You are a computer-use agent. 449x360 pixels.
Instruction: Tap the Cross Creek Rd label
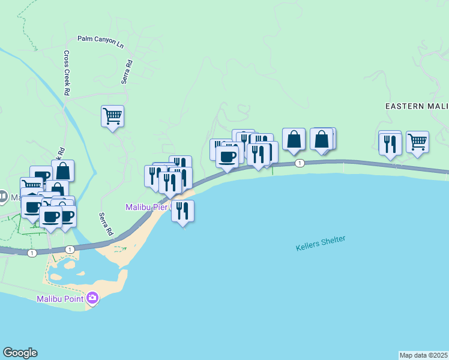pos(67,72)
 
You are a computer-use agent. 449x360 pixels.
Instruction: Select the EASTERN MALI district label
pos(417,106)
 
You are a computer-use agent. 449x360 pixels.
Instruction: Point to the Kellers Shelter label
pos(321,243)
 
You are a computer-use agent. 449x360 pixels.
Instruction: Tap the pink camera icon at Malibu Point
pos(92,297)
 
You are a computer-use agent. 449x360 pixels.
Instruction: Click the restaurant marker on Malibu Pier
pos(183,211)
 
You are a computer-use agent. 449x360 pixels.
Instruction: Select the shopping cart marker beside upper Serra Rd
pos(112,115)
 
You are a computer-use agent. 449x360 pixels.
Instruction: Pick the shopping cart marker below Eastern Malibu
pos(417,142)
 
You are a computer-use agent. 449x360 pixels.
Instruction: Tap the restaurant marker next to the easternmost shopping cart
pos(390,143)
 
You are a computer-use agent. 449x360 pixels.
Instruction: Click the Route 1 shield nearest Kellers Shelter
pos(300,163)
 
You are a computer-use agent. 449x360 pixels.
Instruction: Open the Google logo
pos(20,353)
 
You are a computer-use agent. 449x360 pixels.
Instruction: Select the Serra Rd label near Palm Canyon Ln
pos(127,72)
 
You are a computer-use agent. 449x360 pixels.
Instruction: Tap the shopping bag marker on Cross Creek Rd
pos(62,170)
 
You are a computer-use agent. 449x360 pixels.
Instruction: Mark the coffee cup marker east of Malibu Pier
pos(227,157)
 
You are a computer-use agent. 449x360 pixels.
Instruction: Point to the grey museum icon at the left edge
pos(3,197)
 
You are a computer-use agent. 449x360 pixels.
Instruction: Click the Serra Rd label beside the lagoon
pos(106,224)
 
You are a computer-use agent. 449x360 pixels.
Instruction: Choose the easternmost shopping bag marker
pos(322,139)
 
